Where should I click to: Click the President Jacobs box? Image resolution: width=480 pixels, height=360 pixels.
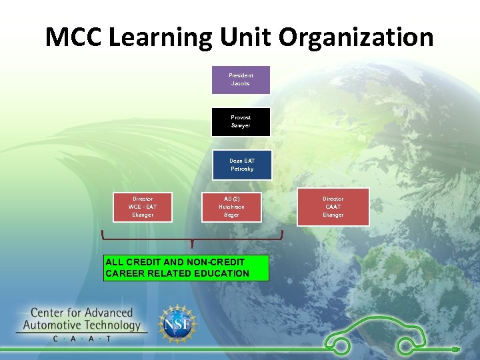[241, 79]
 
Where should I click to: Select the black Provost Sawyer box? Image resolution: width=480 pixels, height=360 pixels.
[241, 121]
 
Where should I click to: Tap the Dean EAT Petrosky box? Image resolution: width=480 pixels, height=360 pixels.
[241, 165]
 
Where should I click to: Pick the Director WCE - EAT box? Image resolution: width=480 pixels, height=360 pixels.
[142, 207]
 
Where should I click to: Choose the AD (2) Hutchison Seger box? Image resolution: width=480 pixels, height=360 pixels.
[231, 207]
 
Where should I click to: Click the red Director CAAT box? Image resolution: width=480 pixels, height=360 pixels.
[333, 207]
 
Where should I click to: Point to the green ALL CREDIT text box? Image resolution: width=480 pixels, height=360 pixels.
[186, 268]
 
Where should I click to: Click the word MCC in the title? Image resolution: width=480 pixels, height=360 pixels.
[73, 37]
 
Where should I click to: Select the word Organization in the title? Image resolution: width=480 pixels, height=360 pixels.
[356, 37]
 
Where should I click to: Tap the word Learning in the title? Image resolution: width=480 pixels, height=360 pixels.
[158, 37]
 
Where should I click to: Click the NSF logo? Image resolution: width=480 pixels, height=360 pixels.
[177, 325]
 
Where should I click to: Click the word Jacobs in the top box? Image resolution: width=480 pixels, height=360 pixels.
[241, 84]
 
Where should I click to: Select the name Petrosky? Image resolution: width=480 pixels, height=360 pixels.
[242, 169]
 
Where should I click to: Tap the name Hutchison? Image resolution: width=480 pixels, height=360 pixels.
[231, 207]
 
